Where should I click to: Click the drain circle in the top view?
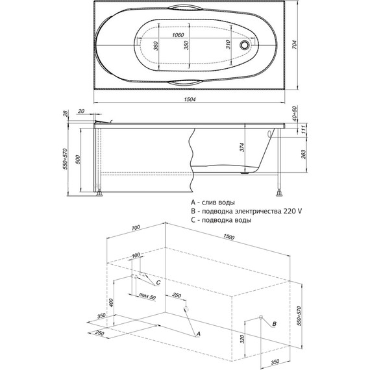tap(244, 45)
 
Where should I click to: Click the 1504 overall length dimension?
tap(190, 99)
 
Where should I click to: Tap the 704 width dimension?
tap(295, 44)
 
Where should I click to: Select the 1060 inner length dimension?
tap(178, 35)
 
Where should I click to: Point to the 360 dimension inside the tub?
tap(156, 46)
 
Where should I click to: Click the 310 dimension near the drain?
tap(228, 44)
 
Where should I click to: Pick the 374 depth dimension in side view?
tap(241, 147)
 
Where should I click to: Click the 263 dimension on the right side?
tap(304, 154)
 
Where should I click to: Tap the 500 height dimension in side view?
tap(79, 160)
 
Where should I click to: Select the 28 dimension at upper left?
tap(66, 113)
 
